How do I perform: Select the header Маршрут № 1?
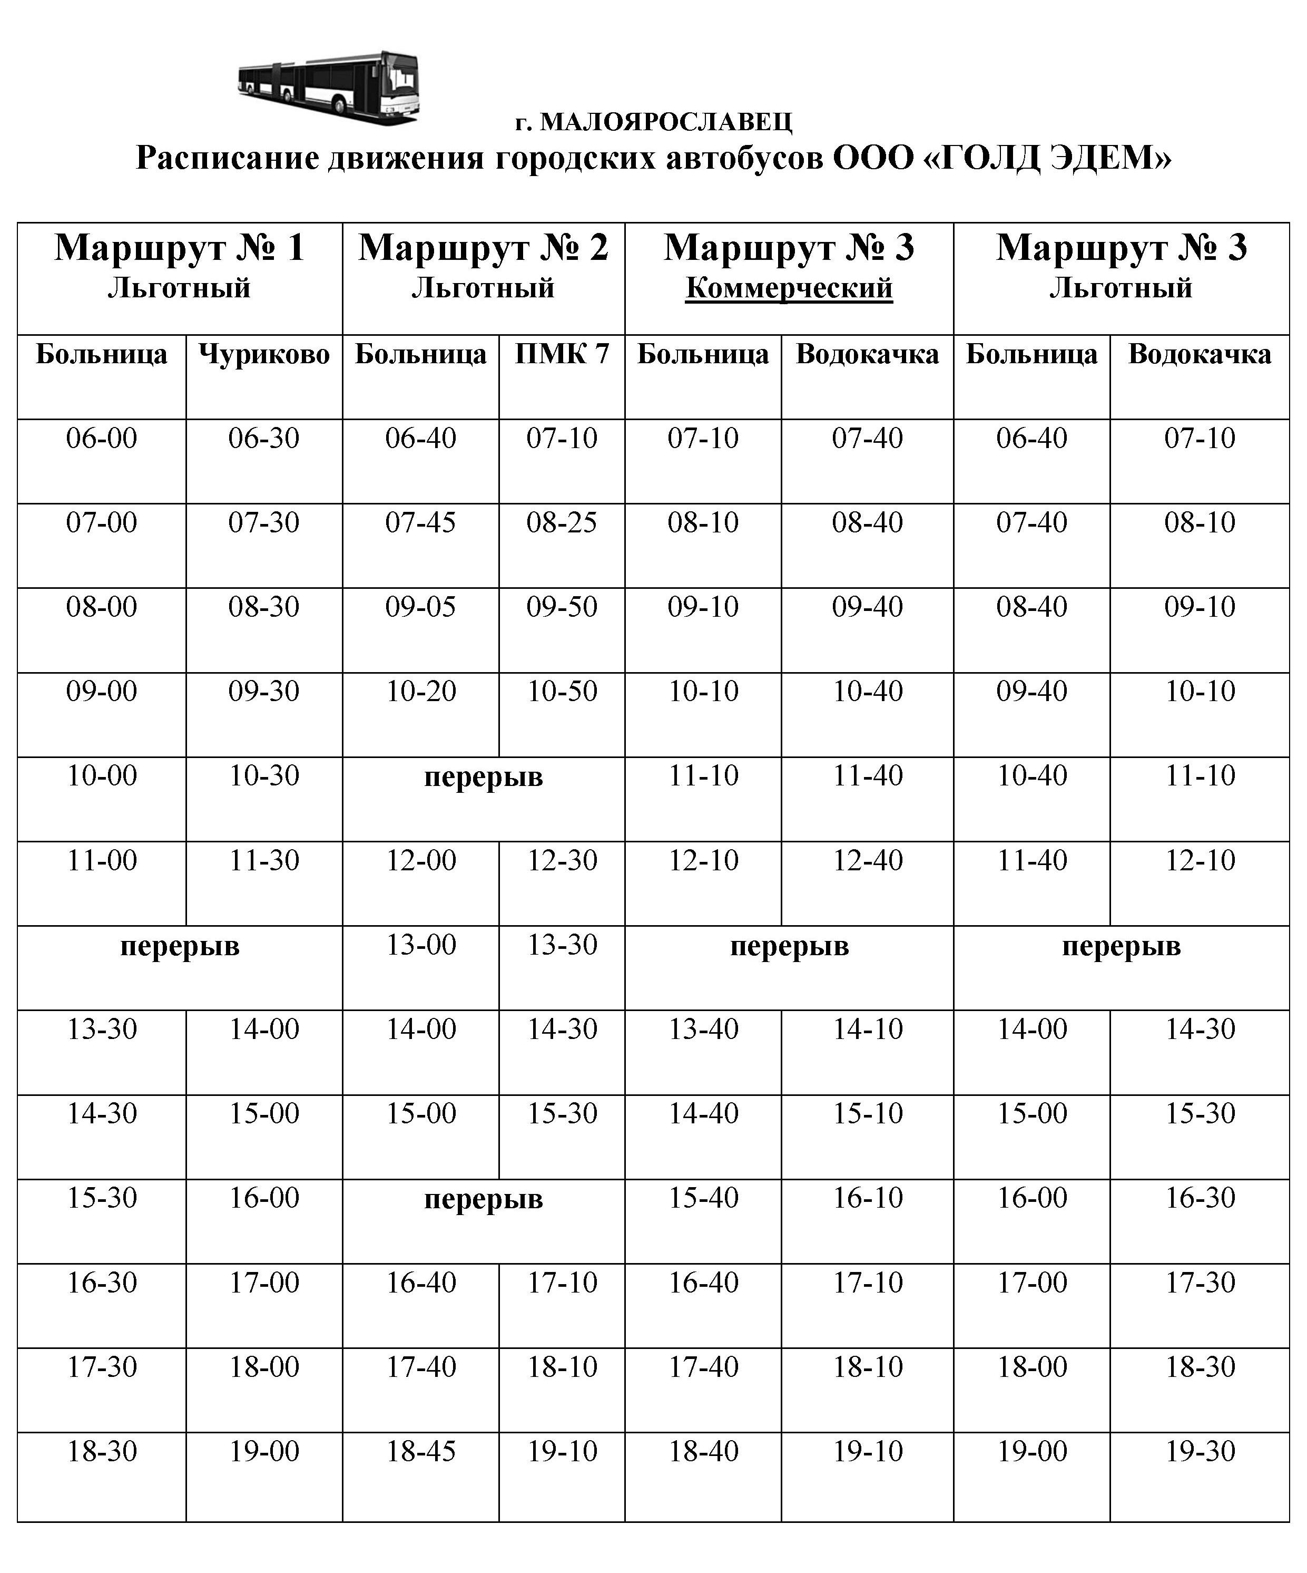pyautogui.click(x=180, y=248)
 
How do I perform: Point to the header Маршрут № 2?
pyautogui.click(x=484, y=248)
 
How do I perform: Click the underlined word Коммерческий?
pyautogui.click(x=789, y=288)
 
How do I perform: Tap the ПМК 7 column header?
pyautogui.click(x=562, y=354)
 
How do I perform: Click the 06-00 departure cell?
pyautogui.click(x=102, y=438)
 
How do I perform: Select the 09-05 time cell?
pyautogui.click(x=421, y=607)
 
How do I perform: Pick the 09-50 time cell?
pyautogui.click(x=562, y=607)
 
